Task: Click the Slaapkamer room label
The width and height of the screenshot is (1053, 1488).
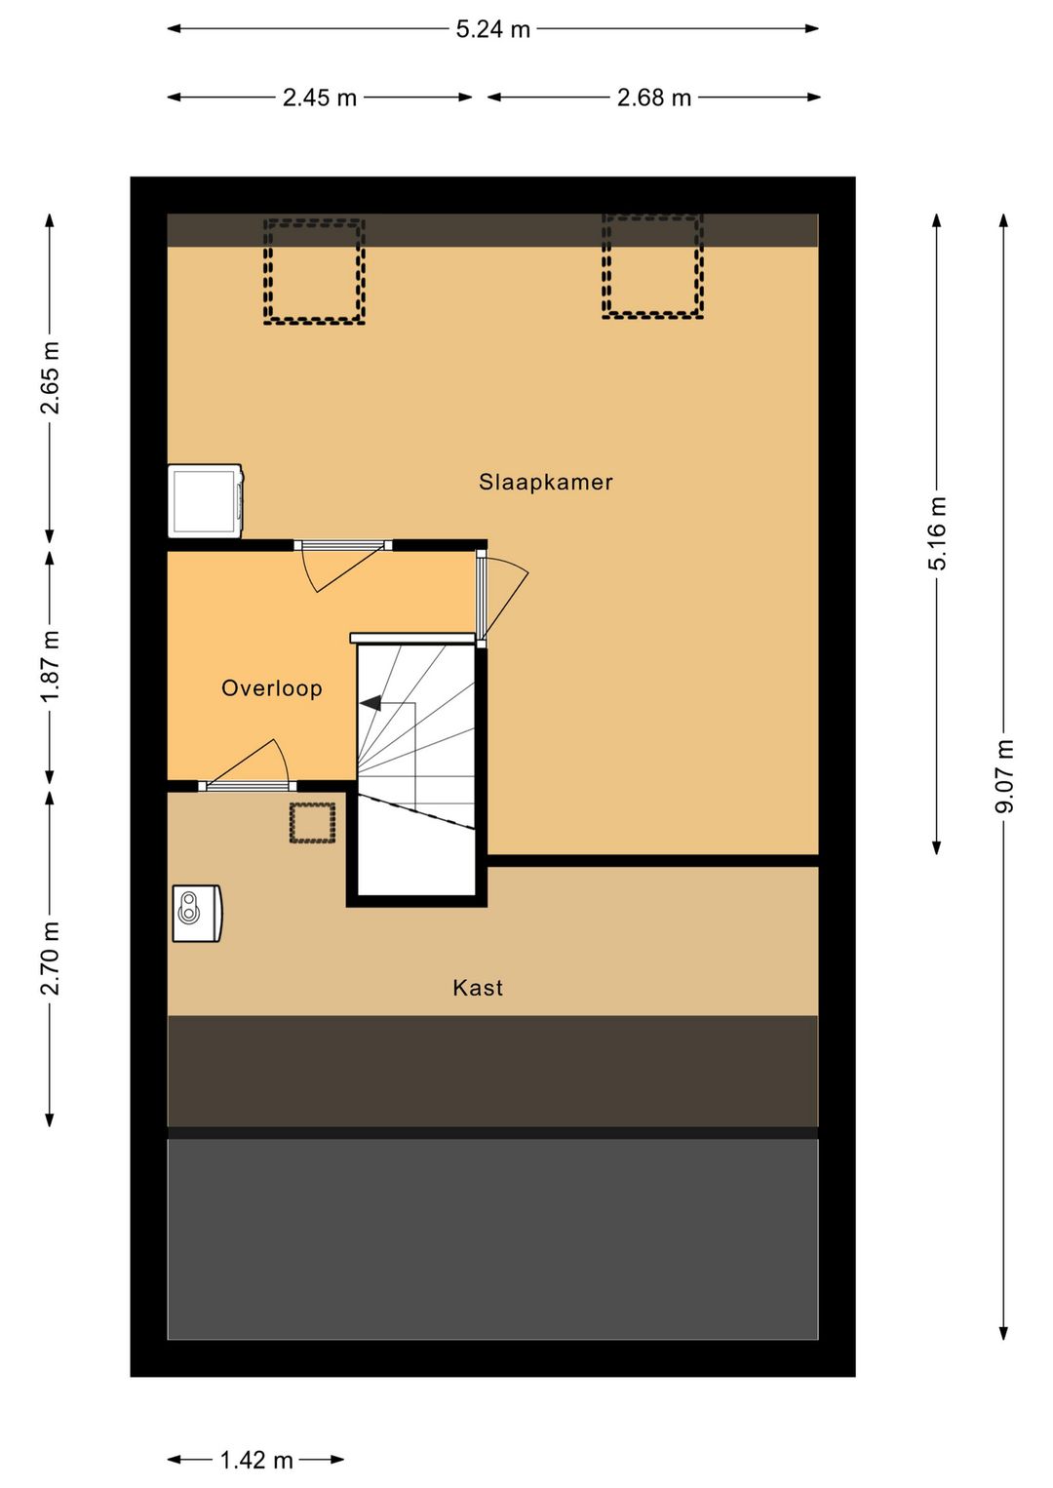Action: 545,483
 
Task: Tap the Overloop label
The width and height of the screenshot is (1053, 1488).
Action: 272,688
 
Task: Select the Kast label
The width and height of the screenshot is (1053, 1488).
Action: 478,988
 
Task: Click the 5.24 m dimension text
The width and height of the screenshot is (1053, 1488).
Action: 493,30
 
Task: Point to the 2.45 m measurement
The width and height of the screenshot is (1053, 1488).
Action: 320,98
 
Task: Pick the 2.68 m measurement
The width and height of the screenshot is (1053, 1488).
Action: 653,98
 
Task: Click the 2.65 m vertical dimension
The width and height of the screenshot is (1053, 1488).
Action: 51,378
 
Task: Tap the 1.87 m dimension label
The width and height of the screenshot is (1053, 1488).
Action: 51,666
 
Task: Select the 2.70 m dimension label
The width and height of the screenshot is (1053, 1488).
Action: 51,958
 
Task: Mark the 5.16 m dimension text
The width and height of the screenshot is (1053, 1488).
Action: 937,533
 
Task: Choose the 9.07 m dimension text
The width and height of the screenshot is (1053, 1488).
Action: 1004,776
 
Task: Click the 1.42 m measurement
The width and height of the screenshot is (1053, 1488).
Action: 255,1460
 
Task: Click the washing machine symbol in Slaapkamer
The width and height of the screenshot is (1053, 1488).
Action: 206,501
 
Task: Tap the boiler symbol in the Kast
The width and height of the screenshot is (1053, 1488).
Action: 197,914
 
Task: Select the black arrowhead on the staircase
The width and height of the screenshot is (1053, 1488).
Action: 370,702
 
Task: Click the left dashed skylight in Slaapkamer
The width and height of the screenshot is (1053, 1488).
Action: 314,272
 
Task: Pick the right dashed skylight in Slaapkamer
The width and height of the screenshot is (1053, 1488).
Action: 652,265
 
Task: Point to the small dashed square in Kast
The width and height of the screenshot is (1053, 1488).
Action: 312,823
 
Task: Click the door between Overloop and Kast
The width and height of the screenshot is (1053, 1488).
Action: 247,765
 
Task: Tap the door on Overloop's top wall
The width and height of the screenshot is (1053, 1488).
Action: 343,565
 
